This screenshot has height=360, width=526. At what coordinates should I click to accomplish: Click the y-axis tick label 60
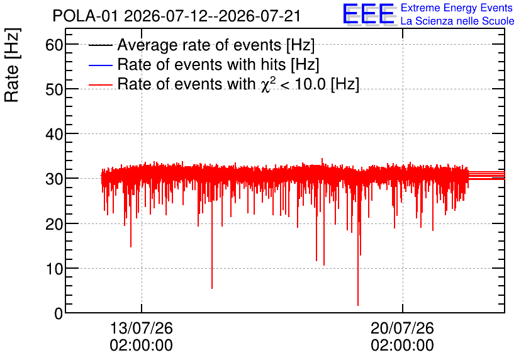54,45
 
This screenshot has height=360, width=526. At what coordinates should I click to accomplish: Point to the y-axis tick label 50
54,89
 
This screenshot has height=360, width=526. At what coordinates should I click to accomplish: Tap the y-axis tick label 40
54,134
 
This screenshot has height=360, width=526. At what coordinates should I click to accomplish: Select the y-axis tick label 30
54,179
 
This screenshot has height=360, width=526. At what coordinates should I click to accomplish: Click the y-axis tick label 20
54,224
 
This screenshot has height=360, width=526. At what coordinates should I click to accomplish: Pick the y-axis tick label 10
54,269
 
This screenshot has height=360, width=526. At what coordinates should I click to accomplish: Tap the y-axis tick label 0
59,313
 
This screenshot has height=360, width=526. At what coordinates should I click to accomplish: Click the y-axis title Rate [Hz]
12,65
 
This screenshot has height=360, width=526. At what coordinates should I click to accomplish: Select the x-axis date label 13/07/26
141,328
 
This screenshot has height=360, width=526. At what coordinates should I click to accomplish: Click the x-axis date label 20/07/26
402,328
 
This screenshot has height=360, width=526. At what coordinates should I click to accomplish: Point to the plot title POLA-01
85,16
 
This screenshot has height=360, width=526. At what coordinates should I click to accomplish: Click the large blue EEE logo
369,14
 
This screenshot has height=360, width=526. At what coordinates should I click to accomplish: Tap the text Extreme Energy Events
457,8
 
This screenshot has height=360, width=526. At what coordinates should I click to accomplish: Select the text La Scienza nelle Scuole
457,21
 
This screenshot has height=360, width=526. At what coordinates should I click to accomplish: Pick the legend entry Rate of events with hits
218,64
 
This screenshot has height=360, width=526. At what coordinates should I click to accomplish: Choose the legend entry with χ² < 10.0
238,84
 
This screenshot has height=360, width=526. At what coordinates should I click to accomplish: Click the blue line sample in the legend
100,65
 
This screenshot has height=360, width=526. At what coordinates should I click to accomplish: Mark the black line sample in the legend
100,45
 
